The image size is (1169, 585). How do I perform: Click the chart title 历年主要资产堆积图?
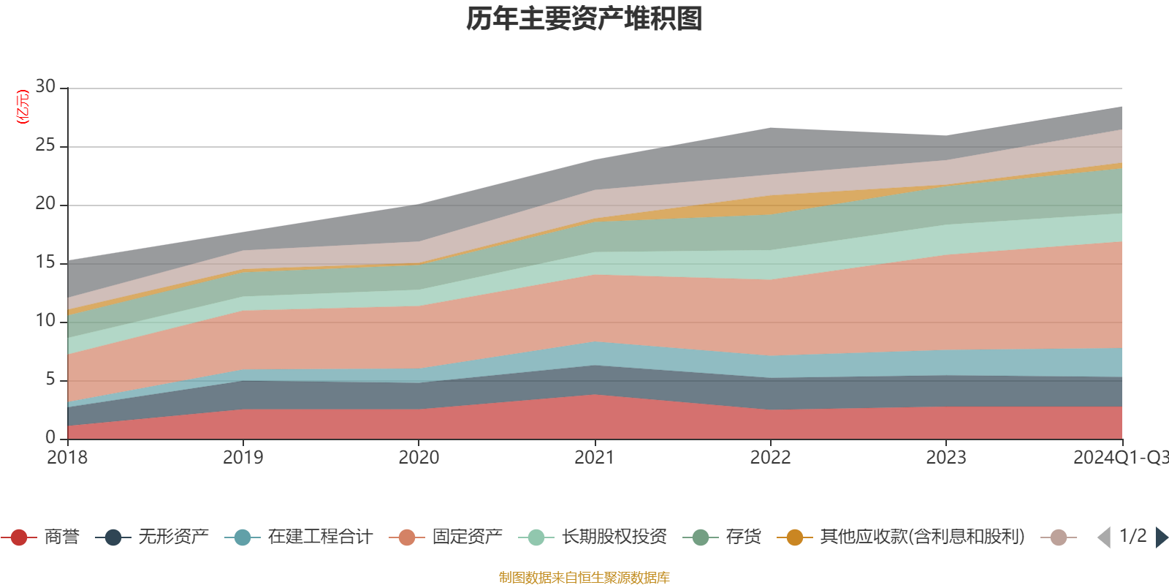point(584,19)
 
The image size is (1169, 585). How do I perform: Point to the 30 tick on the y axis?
point(45,87)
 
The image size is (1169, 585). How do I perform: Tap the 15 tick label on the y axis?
point(45,263)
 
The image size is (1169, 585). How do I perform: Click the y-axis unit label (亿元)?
point(23,107)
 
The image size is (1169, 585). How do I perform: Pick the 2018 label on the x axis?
point(67,458)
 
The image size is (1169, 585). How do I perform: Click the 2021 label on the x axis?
point(594,458)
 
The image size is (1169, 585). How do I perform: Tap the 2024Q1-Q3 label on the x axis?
point(1120,458)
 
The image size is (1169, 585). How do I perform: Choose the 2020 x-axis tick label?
point(419,458)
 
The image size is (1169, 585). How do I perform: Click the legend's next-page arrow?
point(1161,537)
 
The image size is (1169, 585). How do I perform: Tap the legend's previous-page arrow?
point(1104,537)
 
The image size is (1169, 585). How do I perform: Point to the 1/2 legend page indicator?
point(1132,536)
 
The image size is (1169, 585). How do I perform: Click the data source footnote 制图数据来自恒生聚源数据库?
point(584,578)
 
